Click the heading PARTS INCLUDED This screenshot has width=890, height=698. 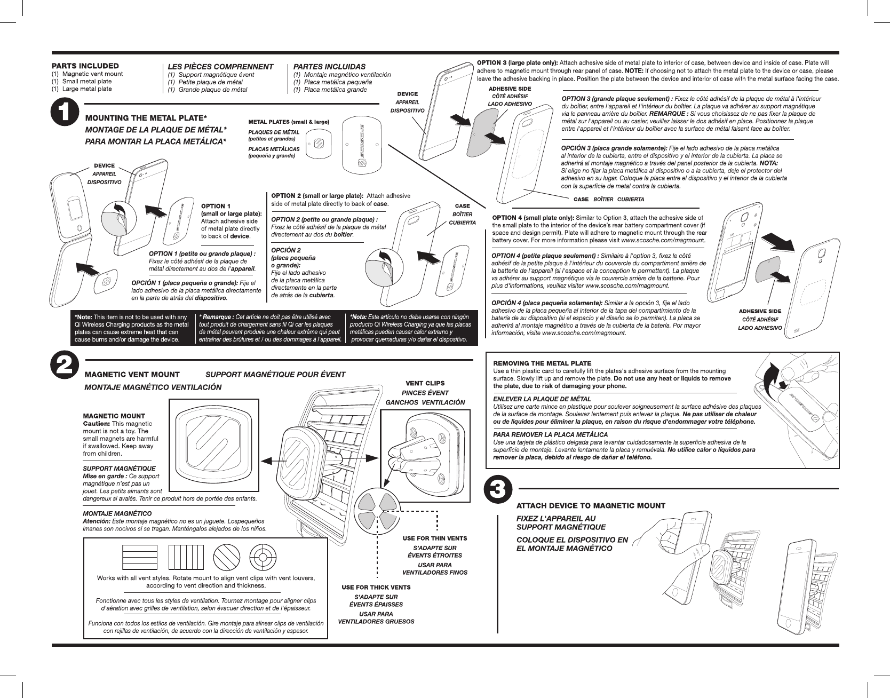coord(85,66)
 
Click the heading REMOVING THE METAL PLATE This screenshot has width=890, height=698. coord(542,364)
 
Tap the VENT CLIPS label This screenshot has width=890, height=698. coord(425,383)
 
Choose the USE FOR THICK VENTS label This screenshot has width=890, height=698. coord(376,588)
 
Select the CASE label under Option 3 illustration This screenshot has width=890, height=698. coord(581,199)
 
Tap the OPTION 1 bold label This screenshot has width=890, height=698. coord(216,206)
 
